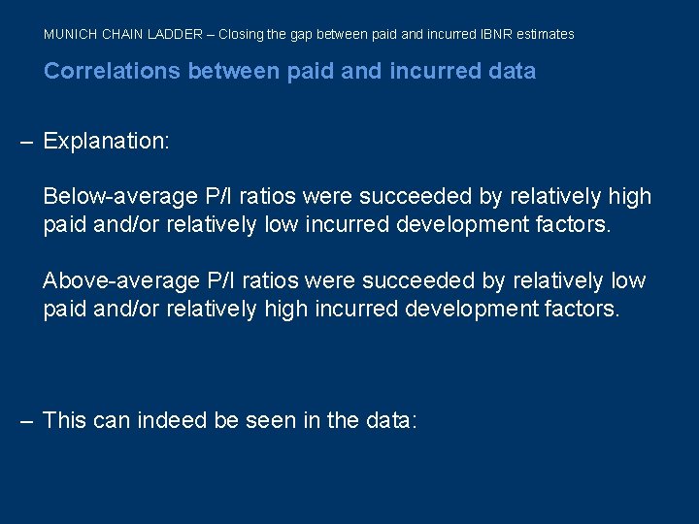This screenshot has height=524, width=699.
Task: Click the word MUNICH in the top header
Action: click(66, 34)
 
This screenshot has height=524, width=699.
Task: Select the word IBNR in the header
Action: click(493, 34)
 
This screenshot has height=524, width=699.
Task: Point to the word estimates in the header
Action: click(545, 34)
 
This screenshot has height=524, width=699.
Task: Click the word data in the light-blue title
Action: click(511, 71)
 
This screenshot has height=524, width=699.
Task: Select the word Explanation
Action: click(107, 142)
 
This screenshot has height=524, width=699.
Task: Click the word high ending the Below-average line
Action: click(630, 197)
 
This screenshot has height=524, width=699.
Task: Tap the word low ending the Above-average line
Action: click(628, 281)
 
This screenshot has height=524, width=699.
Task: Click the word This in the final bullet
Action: click(65, 421)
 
